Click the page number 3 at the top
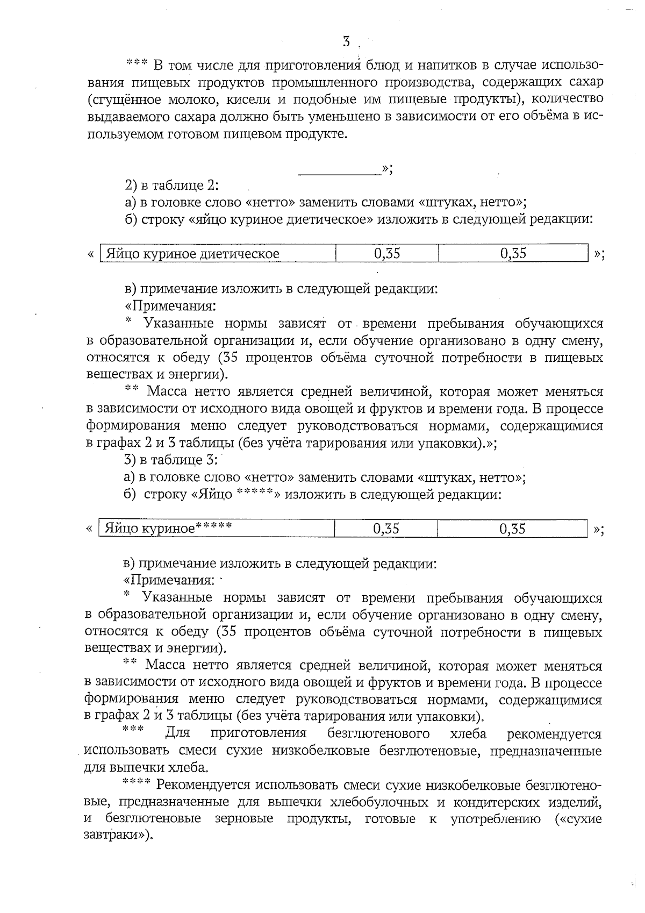347,41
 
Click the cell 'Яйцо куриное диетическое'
192,253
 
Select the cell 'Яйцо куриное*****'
168,528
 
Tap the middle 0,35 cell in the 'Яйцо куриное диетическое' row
386,253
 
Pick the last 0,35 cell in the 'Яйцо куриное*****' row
512,528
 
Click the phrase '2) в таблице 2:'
171,186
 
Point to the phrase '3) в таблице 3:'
170,460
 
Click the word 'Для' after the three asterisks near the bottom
176,733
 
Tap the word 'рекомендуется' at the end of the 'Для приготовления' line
554,733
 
